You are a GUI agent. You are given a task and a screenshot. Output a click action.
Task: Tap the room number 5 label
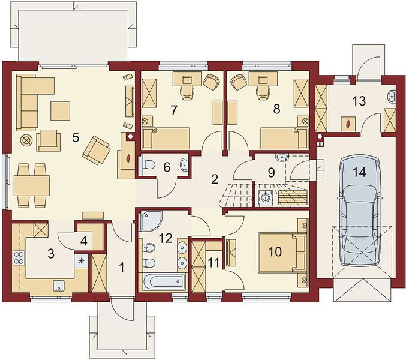(x=76, y=137)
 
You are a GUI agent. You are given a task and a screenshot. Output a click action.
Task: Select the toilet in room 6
(x=148, y=164)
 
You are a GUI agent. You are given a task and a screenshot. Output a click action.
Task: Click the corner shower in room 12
(x=151, y=221)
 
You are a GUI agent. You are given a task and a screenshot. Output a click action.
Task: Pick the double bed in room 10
(x=282, y=253)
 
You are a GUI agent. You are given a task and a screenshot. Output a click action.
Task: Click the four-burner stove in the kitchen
(x=19, y=258)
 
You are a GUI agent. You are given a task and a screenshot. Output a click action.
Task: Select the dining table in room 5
(x=32, y=185)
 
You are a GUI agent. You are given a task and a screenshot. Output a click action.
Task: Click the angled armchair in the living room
(x=96, y=150)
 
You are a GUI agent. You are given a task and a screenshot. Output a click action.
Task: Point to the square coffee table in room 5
(x=60, y=111)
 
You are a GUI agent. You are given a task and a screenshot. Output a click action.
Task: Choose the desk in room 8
(x=261, y=79)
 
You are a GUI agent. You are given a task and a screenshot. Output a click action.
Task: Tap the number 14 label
(x=360, y=172)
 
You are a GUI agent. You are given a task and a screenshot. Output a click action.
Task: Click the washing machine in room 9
(x=266, y=198)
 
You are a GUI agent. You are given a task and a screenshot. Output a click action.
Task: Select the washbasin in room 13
(x=392, y=96)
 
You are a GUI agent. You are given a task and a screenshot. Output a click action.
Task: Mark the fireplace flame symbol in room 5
(x=128, y=159)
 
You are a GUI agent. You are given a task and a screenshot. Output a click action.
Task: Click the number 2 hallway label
(x=214, y=179)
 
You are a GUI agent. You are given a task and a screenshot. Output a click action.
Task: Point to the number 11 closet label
(x=214, y=263)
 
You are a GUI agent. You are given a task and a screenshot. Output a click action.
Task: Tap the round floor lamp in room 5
(x=26, y=140)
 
